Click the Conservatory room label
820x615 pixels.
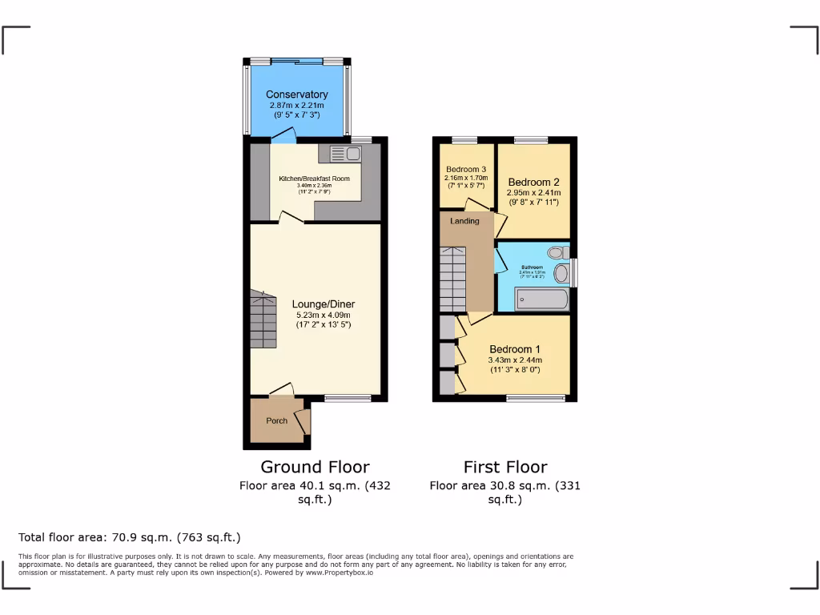click(297, 94)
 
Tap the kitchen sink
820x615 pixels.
click(351, 153)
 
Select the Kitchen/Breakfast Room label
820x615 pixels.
click(314, 179)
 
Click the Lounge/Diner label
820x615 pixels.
click(323, 304)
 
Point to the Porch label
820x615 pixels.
click(276, 421)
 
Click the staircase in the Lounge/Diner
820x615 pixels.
click(263, 320)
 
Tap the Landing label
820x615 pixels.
click(464, 221)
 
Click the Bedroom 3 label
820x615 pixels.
click(466, 169)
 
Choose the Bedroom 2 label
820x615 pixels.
click(533, 182)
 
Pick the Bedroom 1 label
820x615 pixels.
click(515, 349)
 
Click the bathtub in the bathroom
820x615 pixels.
click(543, 301)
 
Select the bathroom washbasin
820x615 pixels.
click(561, 275)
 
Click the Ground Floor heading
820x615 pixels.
click(315, 467)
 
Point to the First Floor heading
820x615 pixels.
click(505, 467)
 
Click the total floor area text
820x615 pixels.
click(129, 537)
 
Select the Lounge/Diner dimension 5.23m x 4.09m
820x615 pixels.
click(323, 315)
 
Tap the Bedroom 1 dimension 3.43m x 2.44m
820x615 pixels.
click(515, 360)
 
